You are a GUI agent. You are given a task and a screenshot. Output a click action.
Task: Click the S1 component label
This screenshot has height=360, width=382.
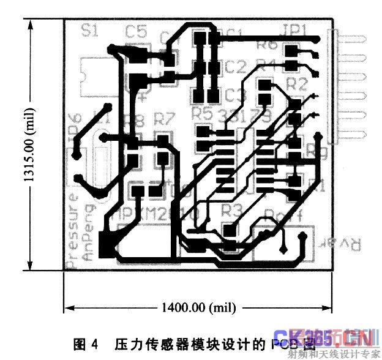[90, 31]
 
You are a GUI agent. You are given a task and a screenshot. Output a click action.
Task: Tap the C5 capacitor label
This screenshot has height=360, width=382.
[136, 31]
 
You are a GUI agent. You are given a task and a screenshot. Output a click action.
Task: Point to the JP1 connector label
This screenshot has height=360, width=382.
[297, 30]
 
